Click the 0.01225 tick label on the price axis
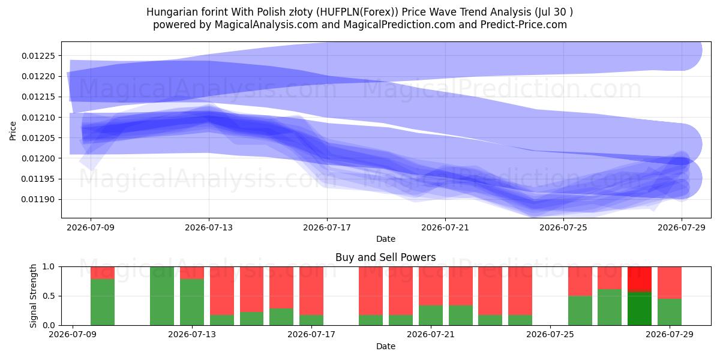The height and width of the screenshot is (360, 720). pyautogui.click(x=38, y=56)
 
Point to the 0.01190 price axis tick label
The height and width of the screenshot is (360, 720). pyautogui.click(x=38, y=200)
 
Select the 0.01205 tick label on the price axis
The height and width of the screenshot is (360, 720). pyautogui.click(x=38, y=138)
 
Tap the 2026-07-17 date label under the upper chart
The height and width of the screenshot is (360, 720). pyautogui.click(x=327, y=227)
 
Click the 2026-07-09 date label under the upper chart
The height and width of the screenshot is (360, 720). pyautogui.click(x=91, y=227)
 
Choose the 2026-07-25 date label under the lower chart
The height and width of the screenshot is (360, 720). pyautogui.click(x=550, y=335)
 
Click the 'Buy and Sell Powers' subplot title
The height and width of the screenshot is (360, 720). pyautogui.click(x=386, y=257)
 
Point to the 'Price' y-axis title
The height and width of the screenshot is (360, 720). pyautogui.click(x=13, y=131)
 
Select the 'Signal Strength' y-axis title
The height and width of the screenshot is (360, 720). pyautogui.click(x=33, y=296)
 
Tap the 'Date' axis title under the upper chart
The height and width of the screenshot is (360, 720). pyautogui.click(x=386, y=239)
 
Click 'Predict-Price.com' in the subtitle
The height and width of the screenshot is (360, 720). pyautogui.click(x=524, y=25)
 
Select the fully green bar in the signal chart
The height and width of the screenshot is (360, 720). pyautogui.click(x=162, y=296)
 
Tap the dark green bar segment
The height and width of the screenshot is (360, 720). pyautogui.click(x=640, y=308)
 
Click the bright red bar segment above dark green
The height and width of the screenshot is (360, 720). pyautogui.click(x=640, y=280)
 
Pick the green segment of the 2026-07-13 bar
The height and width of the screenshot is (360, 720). pyautogui.click(x=192, y=302)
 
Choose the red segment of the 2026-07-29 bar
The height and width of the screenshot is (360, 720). pyautogui.click(x=670, y=283)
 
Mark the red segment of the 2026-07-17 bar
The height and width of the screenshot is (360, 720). pyautogui.click(x=311, y=291)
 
